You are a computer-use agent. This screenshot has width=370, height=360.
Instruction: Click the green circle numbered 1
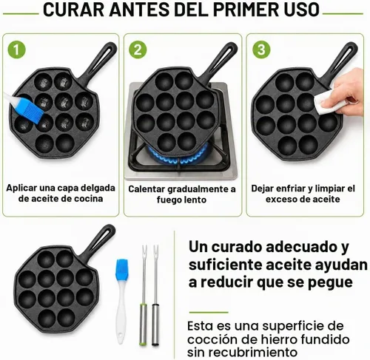pos(16,50)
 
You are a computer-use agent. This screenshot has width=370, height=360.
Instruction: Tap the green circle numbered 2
pos(138,50)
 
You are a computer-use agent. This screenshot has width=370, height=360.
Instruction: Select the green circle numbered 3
pos(261,50)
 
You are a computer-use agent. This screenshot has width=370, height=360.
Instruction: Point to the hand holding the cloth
pos(349,94)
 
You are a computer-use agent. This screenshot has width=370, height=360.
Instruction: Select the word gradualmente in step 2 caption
pos(201,189)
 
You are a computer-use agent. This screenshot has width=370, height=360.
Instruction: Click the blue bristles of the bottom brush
pos(121,269)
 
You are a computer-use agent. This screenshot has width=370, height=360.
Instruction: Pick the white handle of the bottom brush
pos(121,313)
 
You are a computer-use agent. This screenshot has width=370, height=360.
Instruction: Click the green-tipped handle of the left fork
pos(143,325)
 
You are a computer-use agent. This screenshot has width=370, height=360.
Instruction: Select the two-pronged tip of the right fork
pos(155,251)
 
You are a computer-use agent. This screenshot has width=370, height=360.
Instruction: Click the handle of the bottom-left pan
pos(98,242)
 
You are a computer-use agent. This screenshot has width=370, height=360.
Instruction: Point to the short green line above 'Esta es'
pos(209,312)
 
